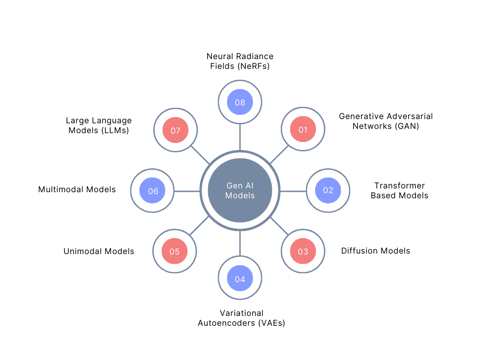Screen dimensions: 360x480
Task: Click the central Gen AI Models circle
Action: (240, 190)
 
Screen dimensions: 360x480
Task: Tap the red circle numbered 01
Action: (303, 130)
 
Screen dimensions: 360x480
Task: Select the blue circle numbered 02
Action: (328, 190)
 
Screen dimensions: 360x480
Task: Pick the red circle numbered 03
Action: (303, 251)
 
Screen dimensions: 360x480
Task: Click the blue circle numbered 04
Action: (240, 279)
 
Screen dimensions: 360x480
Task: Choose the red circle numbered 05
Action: (174, 251)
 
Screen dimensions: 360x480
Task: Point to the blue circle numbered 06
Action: (153, 191)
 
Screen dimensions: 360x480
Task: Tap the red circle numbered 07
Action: (175, 130)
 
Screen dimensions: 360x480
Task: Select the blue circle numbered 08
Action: (240, 102)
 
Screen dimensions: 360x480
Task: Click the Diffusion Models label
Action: (375, 251)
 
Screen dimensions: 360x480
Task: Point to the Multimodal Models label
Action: (77, 190)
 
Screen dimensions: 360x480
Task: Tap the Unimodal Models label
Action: (99, 251)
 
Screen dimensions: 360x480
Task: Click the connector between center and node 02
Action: (293, 191)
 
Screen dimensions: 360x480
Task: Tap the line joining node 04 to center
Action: (240, 244)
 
